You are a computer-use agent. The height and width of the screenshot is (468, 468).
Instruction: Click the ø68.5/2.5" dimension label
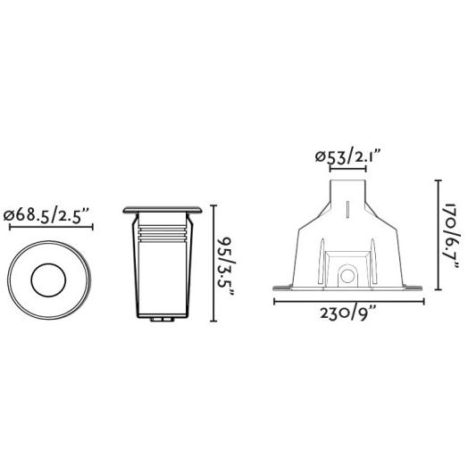[46, 215]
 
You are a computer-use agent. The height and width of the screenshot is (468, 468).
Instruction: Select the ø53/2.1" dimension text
[348, 157]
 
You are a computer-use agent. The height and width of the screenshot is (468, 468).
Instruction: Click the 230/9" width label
[348, 313]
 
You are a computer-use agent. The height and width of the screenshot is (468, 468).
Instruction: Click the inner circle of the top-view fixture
[48, 280]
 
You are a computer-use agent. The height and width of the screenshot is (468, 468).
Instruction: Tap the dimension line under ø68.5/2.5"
[51, 228]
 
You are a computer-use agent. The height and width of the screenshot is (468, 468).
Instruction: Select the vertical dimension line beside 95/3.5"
[213, 263]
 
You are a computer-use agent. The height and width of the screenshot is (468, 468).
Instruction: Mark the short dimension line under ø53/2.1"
[347, 169]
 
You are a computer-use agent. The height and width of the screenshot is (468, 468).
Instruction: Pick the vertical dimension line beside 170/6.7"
[439, 235]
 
